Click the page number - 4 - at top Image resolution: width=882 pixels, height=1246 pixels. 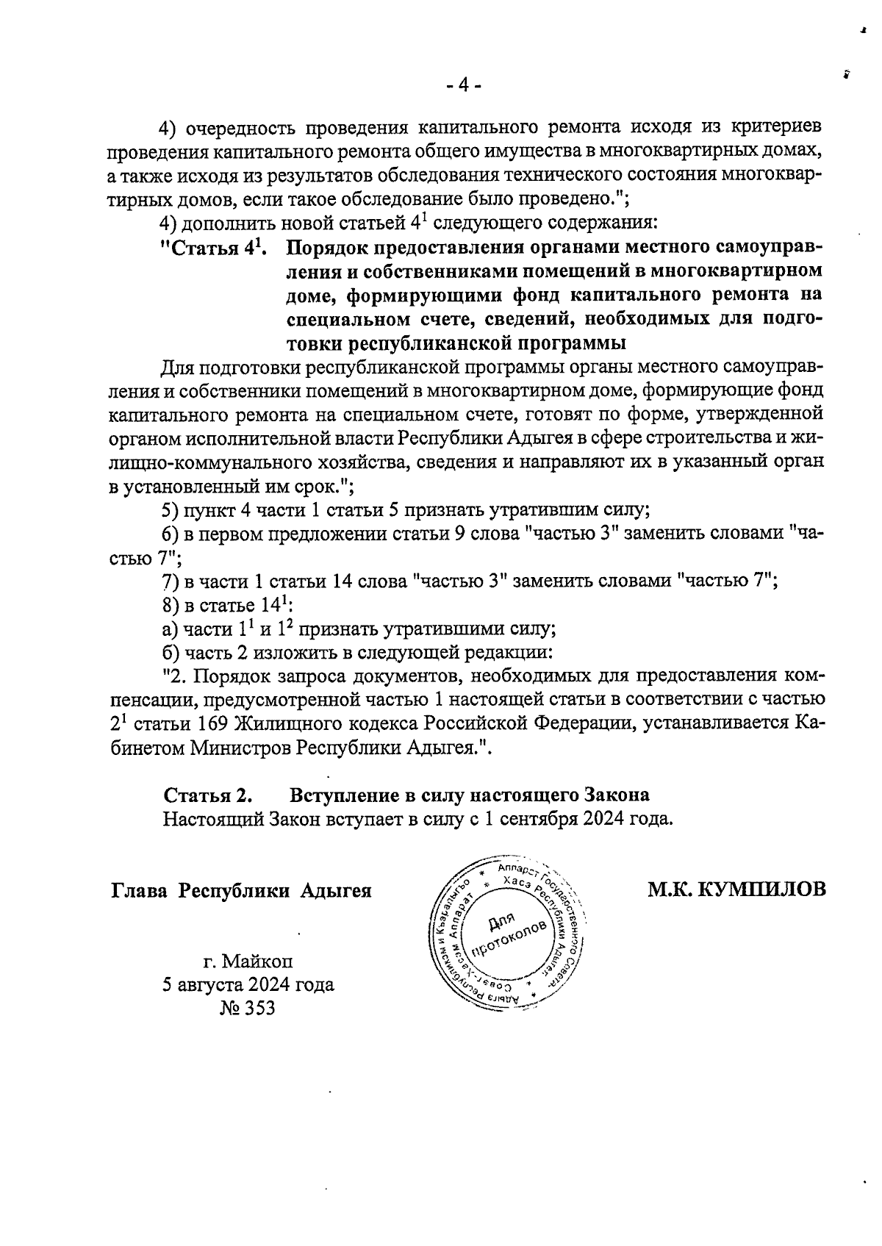click(463, 86)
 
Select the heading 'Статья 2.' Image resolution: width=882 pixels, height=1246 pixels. click(209, 795)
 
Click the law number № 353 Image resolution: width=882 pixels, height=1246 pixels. click(247, 1008)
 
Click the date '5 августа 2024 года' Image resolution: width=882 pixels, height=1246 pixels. click(248, 984)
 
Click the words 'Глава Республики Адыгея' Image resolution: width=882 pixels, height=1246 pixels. click(241, 891)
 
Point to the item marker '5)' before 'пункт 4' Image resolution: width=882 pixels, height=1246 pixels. click(171, 511)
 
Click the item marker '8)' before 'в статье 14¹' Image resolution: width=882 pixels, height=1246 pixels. click(171, 606)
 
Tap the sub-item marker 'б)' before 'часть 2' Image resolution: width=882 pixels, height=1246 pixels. click(171, 653)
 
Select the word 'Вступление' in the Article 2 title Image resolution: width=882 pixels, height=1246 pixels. click(340, 795)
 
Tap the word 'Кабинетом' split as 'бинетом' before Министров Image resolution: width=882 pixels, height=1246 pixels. click(146, 748)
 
